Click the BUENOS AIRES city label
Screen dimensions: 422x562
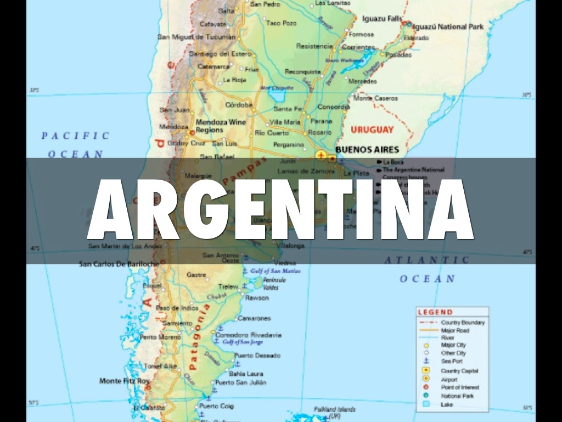[x=367, y=149]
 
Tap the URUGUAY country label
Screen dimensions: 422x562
[x=372, y=130]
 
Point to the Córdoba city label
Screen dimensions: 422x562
[x=239, y=104]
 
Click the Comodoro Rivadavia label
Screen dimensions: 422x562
[x=248, y=335]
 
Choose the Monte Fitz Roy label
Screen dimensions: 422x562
[x=125, y=381]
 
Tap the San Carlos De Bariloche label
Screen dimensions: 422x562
[x=119, y=264]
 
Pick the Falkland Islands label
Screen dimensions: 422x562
[x=335, y=409]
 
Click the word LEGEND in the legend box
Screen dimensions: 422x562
[x=435, y=312]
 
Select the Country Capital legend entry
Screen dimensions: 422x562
[x=459, y=371]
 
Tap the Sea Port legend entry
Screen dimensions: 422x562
[x=452, y=362]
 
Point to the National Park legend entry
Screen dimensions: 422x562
[x=457, y=396]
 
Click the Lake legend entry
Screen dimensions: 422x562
[x=447, y=404]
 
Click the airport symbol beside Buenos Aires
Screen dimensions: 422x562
[x=321, y=158]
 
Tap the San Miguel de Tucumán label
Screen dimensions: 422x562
[x=196, y=37]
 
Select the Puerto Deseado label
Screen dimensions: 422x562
[x=257, y=356]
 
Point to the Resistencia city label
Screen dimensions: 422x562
[x=314, y=46]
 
